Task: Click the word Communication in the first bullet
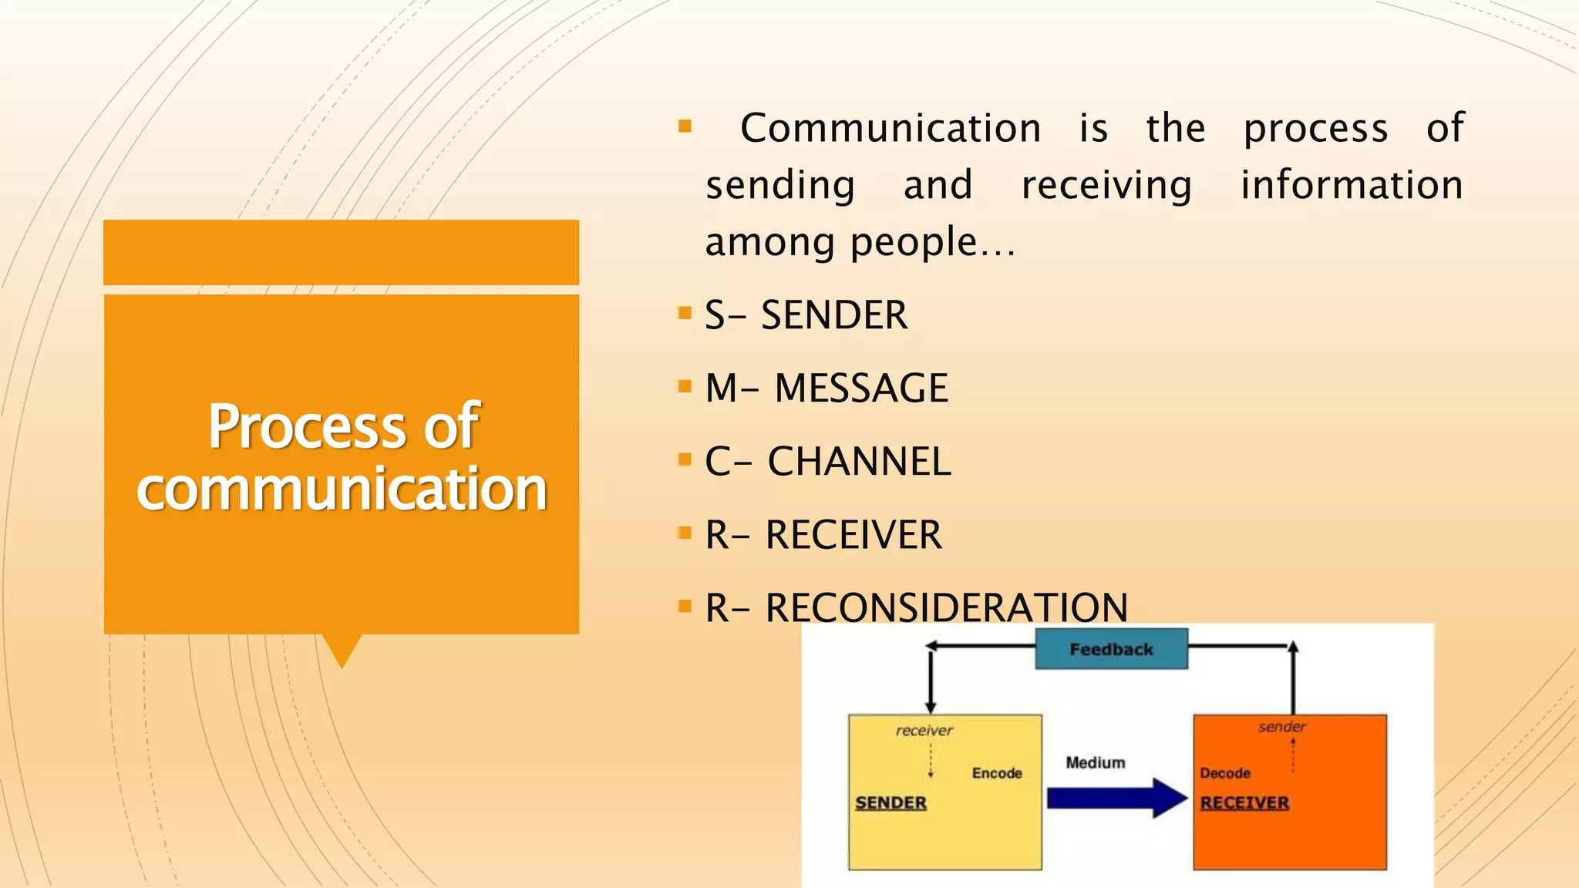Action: click(x=891, y=128)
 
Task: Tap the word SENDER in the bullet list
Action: click(x=834, y=315)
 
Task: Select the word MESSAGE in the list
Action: click(x=861, y=388)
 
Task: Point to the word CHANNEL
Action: click(x=859, y=462)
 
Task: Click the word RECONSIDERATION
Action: click(x=946, y=607)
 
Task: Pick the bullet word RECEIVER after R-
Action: click(x=853, y=535)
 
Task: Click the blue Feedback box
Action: click(x=1111, y=649)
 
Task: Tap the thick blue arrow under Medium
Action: click(x=1116, y=798)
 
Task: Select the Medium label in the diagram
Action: click(x=1095, y=762)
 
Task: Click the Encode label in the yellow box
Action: click(x=997, y=773)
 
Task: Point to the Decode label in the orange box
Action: click(x=1224, y=773)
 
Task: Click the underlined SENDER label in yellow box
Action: click(x=891, y=802)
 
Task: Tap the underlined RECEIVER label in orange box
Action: click(x=1244, y=802)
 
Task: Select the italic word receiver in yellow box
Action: click(x=924, y=730)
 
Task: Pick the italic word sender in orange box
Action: click(x=1281, y=726)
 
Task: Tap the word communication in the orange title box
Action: click(x=342, y=489)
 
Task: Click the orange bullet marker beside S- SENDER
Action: click(x=684, y=313)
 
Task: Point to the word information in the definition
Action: click(x=1351, y=185)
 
